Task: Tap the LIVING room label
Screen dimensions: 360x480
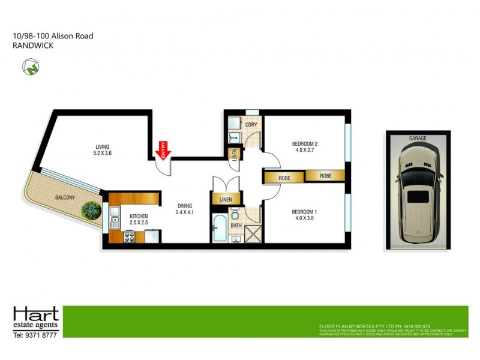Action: click(x=103, y=146)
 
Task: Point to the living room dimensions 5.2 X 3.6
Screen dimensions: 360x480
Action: click(x=103, y=154)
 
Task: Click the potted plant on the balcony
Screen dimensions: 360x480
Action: click(x=91, y=209)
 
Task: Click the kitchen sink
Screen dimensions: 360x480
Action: click(x=114, y=214)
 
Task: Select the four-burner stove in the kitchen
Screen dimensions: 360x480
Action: click(x=128, y=236)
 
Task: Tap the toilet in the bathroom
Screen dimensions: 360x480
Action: click(x=236, y=215)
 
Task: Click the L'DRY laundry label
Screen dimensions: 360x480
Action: click(x=251, y=125)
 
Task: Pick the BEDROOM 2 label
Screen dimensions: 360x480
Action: click(x=304, y=143)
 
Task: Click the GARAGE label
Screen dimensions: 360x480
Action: click(x=418, y=139)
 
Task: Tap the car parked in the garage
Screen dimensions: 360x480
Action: click(x=418, y=195)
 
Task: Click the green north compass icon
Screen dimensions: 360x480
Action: click(x=29, y=67)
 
